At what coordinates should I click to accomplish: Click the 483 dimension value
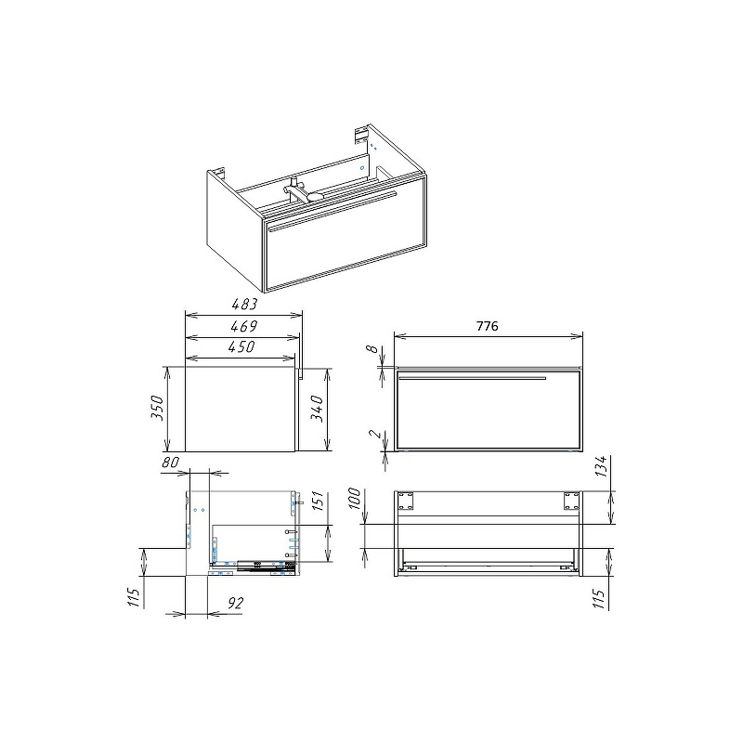point(244,304)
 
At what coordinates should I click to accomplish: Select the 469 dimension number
point(243,326)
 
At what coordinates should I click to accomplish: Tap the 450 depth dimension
point(241,346)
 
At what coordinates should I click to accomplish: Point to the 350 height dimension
point(157,407)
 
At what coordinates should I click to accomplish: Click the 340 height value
point(317,409)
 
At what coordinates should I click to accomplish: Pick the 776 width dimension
point(487,326)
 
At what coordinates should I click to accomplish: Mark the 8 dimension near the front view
point(373,349)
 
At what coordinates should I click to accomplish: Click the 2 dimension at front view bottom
point(374,434)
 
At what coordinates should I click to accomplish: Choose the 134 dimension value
point(601,466)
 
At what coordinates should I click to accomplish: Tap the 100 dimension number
point(355,498)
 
